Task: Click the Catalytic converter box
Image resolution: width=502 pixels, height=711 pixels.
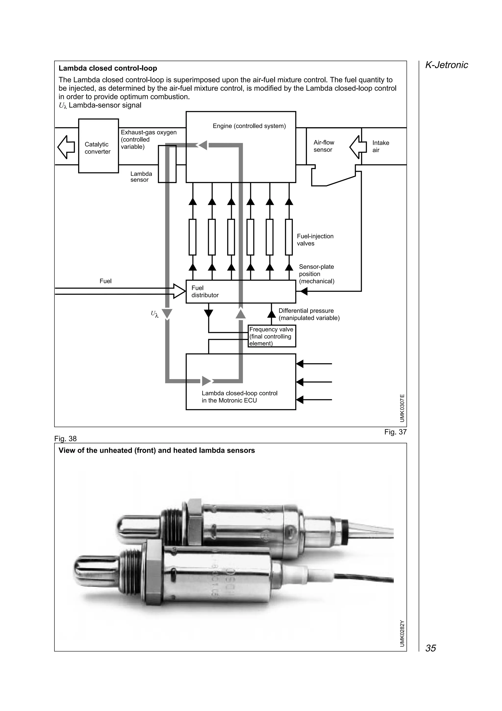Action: click(x=98, y=146)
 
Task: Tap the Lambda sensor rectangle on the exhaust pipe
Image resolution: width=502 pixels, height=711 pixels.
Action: click(x=167, y=164)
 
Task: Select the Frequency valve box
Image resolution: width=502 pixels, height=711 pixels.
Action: click(x=272, y=336)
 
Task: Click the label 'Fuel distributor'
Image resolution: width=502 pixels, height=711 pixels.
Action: click(x=205, y=291)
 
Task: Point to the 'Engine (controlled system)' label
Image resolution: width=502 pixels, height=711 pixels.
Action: click(x=249, y=126)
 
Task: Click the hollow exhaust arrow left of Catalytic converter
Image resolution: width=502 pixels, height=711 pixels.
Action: click(x=66, y=147)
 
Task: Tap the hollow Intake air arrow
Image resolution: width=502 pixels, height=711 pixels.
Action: click(x=358, y=147)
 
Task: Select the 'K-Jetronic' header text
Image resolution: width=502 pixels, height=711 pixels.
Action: click(x=446, y=65)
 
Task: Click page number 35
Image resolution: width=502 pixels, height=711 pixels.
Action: click(x=431, y=648)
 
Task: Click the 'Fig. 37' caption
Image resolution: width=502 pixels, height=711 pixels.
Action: click(x=395, y=432)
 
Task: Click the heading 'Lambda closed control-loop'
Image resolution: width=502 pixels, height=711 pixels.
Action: click(x=108, y=68)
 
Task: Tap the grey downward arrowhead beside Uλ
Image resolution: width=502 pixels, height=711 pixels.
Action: click(x=167, y=314)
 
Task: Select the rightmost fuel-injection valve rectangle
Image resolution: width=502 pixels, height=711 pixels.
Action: click(x=289, y=237)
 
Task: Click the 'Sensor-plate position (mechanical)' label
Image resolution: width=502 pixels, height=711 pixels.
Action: click(x=316, y=274)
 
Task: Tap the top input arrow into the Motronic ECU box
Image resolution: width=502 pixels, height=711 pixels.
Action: click(x=300, y=364)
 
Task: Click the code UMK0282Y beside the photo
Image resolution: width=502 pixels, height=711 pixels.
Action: click(x=402, y=633)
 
